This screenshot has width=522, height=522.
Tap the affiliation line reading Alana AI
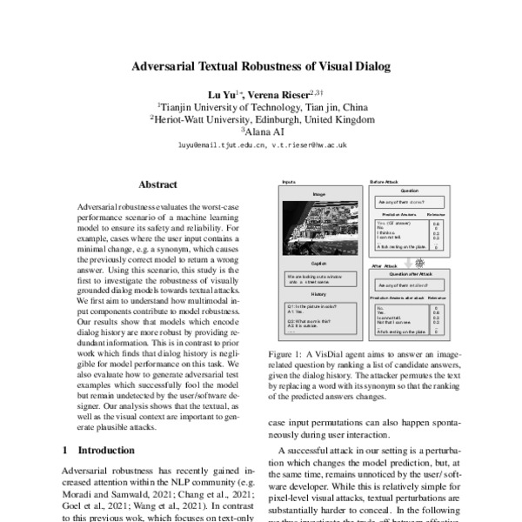click(x=261, y=132)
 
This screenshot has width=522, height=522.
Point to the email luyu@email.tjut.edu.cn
click(x=219, y=146)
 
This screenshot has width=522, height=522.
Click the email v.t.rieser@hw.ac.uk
click(x=311, y=146)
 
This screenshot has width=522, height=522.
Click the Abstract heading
click(x=157, y=184)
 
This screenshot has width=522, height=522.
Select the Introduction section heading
click(x=106, y=451)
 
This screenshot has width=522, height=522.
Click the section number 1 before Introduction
click(x=66, y=451)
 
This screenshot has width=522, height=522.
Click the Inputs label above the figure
click(x=288, y=182)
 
